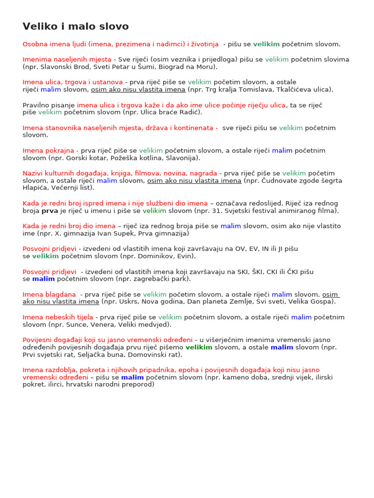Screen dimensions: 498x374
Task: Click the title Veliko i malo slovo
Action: point(75,26)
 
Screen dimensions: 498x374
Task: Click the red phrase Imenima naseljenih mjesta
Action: point(67,59)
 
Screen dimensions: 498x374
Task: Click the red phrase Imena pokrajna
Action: point(50,151)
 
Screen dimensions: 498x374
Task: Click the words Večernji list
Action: point(73,188)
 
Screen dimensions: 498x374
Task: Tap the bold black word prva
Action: point(50,211)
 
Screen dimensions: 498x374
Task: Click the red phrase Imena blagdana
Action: point(49,295)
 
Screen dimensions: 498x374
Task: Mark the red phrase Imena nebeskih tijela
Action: point(57,317)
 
